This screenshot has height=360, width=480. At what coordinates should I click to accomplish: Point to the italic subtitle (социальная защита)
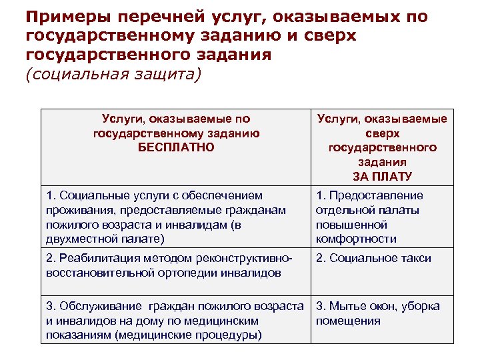[112, 73]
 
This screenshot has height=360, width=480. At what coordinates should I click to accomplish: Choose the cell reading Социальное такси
[373, 258]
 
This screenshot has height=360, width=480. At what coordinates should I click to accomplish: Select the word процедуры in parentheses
[224, 335]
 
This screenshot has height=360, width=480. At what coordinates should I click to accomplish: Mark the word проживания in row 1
[77, 210]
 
